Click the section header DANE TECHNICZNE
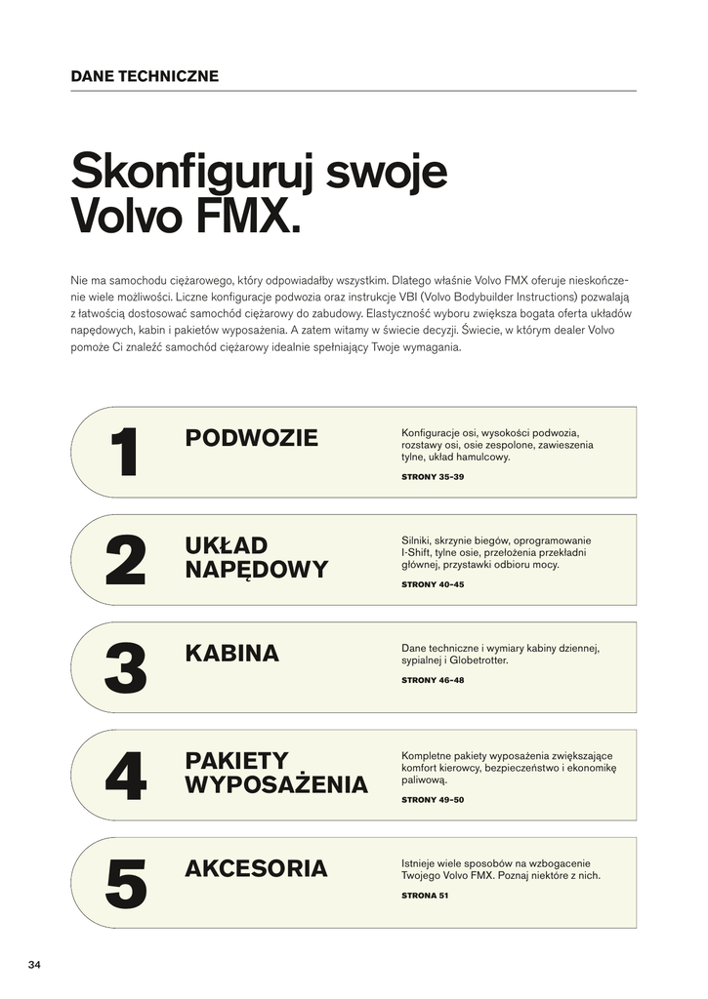145,76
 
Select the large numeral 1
124,453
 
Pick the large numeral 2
125,561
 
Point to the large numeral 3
125,668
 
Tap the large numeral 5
125,884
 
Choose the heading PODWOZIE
251,438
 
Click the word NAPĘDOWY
257,570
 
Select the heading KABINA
231,654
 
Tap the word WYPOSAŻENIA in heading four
276,785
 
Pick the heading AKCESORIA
256,868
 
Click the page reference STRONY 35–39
433,477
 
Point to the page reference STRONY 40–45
433,584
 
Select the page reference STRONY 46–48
433,680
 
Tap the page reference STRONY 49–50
433,800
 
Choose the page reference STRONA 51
425,896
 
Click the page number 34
34,965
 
